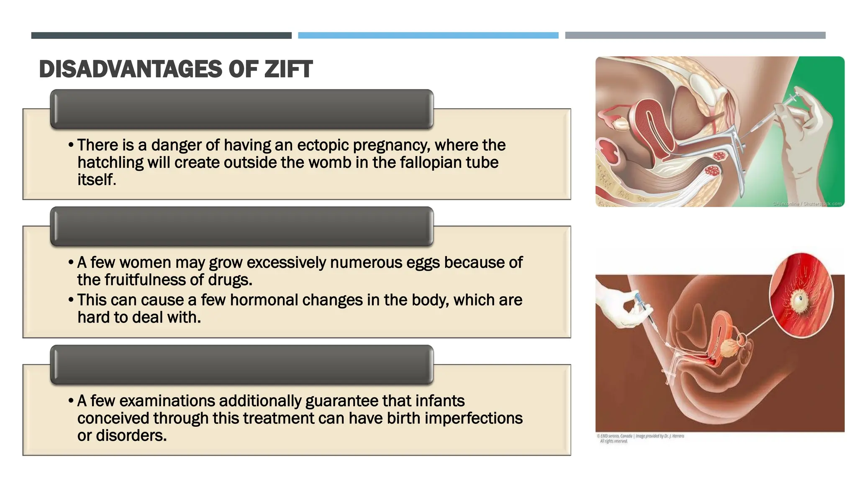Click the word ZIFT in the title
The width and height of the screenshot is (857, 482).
[x=288, y=69]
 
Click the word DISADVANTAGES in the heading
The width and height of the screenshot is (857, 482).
[x=131, y=69]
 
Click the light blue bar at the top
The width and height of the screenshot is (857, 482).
[x=428, y=36]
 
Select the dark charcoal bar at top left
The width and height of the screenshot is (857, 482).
[x=161, y=36]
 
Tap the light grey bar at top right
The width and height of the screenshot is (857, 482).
[x=695, y=36]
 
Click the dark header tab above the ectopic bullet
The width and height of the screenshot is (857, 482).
[x=241, y=109]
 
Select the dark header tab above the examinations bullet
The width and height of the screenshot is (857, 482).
[x=241, y=364]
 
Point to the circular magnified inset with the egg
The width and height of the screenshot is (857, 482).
[x=801, y=295]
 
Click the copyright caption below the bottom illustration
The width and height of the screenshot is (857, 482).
[x=640, y=438]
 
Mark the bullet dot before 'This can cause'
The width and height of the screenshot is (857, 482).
[x=71, y=300]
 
